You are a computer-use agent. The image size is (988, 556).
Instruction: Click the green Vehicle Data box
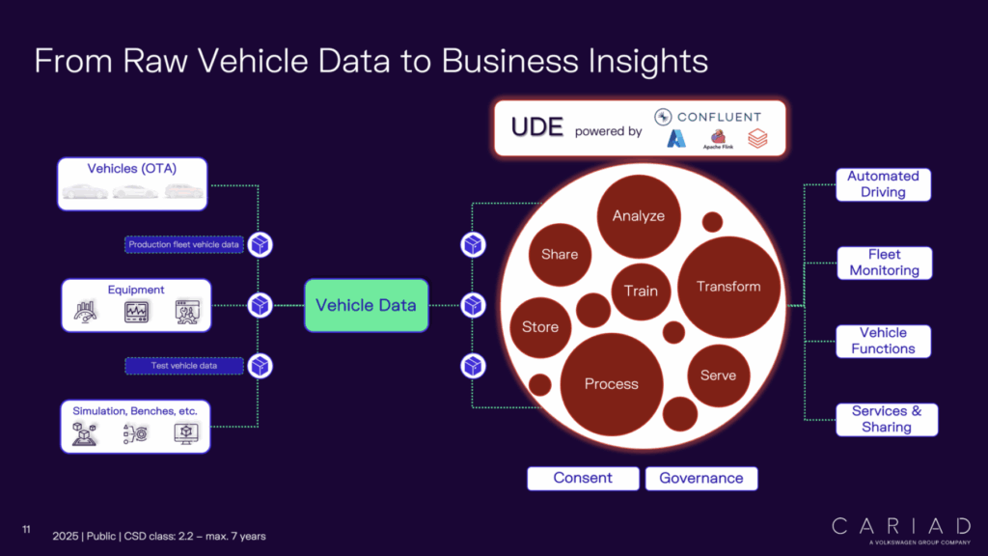pyautogui.click(x=366, y=305)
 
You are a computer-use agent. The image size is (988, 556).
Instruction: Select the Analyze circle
pyautogui.click(x=638, y=216)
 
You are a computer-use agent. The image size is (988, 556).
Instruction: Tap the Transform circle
pyautogui.click(x=728, y=287)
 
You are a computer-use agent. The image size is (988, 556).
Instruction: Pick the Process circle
pyautogui.click(x=611, y=384)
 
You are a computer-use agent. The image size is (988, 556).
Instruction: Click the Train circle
pyautogui.click(x=641, y=291)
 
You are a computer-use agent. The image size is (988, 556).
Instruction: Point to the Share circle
pyautogui.click(x=560, y=255)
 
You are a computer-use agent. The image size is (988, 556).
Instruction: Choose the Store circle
pyautogui.click(x=540, y=327)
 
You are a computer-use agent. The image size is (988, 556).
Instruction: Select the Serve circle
pyautogui.click(x=718, y=375)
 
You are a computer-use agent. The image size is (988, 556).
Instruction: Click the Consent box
pyautogui.click(x=583, y=478)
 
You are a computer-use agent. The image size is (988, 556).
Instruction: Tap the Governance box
pyautogui.click(x=701, y=478)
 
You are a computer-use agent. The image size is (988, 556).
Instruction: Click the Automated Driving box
pyautogui.click(x=883, y=183)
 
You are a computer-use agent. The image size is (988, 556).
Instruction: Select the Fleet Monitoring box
pyautogui.click(x=884, y=263)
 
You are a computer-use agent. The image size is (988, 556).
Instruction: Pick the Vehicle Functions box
pyautogui.click(x=883, y=341)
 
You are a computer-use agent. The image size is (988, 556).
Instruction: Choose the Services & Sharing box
pyautogui.click(x=886, y=419)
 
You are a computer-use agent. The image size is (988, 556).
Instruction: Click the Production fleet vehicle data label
pyautogui.click(x=183, y=244)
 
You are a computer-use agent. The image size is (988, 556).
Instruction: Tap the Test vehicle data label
pyautogui.click(x=183, y=366)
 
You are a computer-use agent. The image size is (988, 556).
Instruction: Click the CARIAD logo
pyautogui.click(x=900, y=527)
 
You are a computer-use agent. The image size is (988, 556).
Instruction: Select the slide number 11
pyautogui.click(x=27, y=529)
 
